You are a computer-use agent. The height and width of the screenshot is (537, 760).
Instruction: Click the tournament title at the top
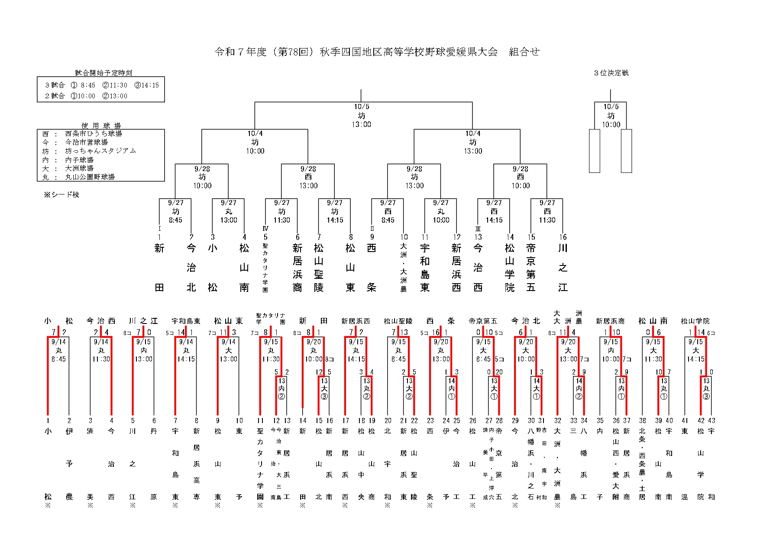pos(377,52)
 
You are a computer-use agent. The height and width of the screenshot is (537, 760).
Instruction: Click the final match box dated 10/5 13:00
pos(361,116)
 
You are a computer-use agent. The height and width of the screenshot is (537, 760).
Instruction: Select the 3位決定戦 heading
pos(611,73)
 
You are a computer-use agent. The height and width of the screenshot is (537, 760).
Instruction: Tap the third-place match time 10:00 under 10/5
pos(611,125)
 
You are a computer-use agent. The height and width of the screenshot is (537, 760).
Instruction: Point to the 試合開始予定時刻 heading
pos(103,73)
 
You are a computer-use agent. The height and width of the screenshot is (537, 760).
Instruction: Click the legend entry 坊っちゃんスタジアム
pos(100,151)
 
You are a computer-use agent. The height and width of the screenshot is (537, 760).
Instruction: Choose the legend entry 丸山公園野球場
pos(90,177)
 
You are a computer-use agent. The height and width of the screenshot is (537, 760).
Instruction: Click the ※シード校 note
pos(61,195)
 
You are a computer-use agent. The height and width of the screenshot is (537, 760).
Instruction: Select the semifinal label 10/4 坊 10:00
pos(255,142)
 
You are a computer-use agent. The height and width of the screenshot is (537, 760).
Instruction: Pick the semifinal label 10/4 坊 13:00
pos(473,142)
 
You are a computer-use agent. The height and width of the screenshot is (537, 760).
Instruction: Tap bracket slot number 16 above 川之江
pos(563,237)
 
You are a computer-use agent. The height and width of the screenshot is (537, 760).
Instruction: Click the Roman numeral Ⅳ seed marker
pos(265,229)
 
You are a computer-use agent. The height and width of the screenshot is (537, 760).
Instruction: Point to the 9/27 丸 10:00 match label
pos(441,211)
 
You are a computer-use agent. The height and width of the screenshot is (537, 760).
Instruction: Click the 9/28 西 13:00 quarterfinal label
pos(308,177)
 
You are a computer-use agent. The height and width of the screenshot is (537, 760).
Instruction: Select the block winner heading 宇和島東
pos(186,321)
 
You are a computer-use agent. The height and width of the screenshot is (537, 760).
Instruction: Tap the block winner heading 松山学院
pos(695,321)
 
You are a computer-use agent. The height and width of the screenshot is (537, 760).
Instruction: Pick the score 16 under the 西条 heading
pos(435,333)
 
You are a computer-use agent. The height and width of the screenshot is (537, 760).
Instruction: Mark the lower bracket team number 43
pos(711,421)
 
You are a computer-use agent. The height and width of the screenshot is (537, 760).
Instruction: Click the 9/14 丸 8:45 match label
pos(58,350)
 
